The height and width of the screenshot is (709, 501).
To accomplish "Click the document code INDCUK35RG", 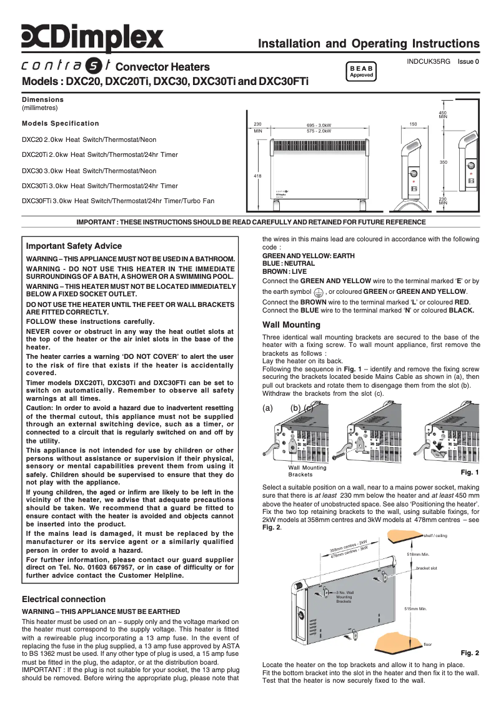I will click(x=428, y=62).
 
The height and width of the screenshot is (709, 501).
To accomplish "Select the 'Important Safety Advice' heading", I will click(x=74, y=246).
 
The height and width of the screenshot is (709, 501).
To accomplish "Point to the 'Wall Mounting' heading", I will click(x=291, y=325).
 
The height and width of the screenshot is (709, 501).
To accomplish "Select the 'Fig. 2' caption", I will click(x=469, y=653).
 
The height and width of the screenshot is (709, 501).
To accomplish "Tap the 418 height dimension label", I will click(x=257, y=176).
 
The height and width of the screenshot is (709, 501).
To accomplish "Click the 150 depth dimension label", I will click(x=413, y=125).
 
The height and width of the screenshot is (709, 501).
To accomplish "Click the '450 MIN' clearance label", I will click(x=443, y=115).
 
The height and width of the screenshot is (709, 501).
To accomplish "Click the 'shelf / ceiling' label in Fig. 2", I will click(x=435, y=536).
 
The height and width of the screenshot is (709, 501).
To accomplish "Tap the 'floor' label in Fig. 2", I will click(x=427, y=644).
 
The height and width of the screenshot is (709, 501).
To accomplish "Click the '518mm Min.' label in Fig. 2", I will click(x=418, y=554).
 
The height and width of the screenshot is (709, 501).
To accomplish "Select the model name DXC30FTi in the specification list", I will click(x=37, y=201).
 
